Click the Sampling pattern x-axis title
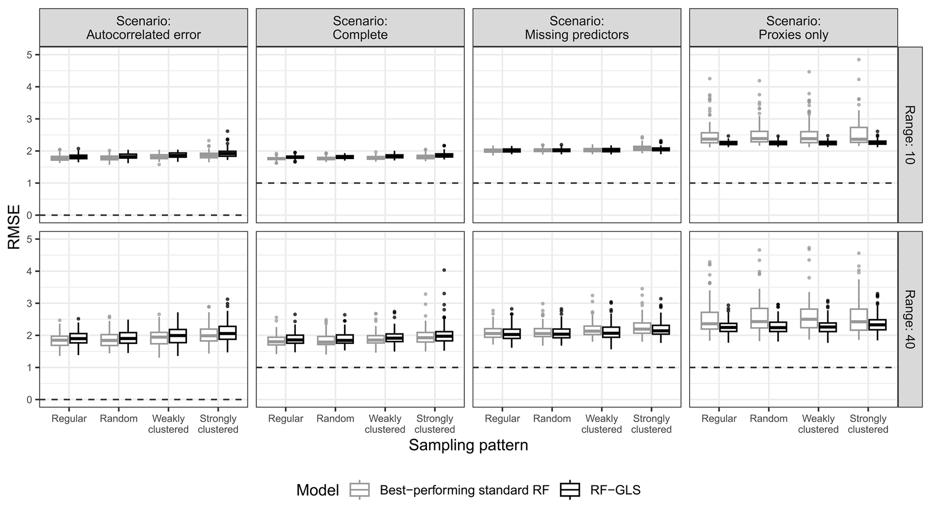[468, 445]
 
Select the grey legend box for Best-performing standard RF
[359, 490]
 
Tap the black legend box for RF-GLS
[570, 490]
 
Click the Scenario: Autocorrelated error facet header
[143, 27]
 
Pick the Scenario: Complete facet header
[360, 27]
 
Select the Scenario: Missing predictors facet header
[577, 27]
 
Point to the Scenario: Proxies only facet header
[793, 27]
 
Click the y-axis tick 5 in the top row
[29, 55]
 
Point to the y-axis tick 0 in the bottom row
[29, 400]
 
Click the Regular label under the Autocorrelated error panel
[69, 419]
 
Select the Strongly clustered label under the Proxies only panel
[868, 424]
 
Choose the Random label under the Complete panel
[335, 419]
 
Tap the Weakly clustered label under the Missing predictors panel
[601, 424]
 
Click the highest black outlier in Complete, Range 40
[444, 270]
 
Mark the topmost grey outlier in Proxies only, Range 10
[858, 59]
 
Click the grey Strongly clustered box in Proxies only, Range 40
[858, 320]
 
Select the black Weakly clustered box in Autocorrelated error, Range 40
[177, 336]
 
